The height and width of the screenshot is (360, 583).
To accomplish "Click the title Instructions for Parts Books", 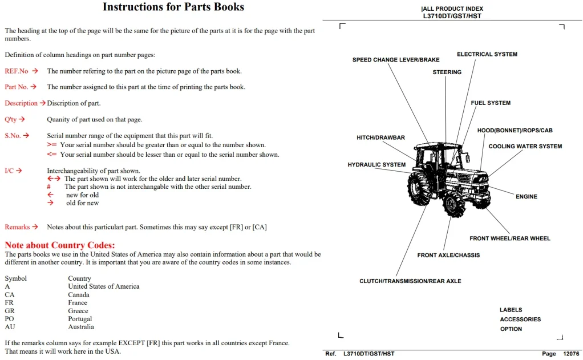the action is click(173, 7).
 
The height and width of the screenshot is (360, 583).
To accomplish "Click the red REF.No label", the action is click(17, 71).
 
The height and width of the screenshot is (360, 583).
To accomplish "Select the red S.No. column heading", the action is click(13, 136).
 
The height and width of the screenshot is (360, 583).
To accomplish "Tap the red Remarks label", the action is click(17, 227).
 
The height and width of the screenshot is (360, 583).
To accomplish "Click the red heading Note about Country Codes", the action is click(60, 245).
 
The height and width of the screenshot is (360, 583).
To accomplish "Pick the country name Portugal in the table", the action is click(80, 319).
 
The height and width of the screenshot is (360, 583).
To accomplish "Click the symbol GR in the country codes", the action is click(10, 311).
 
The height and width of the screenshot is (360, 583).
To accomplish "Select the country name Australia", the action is click(81, 327).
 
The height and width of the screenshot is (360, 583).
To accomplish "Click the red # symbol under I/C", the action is click(48, 187).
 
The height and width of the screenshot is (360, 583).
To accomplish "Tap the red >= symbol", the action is click(52, 144).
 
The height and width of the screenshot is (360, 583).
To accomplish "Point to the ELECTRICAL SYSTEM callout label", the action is click(487, 54).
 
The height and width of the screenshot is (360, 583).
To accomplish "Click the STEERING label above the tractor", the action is click(447, 72).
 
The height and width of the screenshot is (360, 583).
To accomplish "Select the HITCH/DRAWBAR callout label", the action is click(380, 137).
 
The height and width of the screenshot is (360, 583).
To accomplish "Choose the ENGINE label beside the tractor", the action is click(527, 197).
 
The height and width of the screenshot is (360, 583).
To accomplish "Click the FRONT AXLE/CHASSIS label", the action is click(448, 255).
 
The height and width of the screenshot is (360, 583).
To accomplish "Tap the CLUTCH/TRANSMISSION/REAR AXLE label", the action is click(410, 281).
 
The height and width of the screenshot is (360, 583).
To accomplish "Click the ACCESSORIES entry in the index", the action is click(520, 319).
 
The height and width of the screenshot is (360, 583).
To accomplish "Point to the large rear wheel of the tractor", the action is click(419, 189).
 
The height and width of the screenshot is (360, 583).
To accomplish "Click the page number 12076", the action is click(571, 354).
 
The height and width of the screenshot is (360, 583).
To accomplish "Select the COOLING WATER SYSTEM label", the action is click(525, 147).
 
